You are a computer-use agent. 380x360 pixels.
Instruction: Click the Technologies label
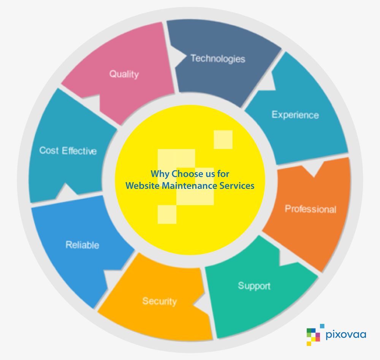point(218,59)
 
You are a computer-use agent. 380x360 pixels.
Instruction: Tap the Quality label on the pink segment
point(124,74)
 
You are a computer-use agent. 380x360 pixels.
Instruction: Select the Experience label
point(295,114)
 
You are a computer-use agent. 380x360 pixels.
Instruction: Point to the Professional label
point(310,209)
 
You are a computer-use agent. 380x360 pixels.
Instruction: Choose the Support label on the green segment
point(254,285)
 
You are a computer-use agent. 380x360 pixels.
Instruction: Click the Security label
point(159,301)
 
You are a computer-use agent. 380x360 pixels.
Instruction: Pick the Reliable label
point(82,245)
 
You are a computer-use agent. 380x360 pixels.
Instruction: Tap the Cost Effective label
point(68,151)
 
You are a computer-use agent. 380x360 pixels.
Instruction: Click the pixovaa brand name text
point(346,335)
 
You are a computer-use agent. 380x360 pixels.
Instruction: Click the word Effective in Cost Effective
point(79,151)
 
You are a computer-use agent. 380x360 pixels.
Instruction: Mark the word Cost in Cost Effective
point(49,151)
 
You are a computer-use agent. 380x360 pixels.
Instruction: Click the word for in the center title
point(223,174)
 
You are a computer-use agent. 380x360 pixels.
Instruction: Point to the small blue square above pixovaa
point(322,326)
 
